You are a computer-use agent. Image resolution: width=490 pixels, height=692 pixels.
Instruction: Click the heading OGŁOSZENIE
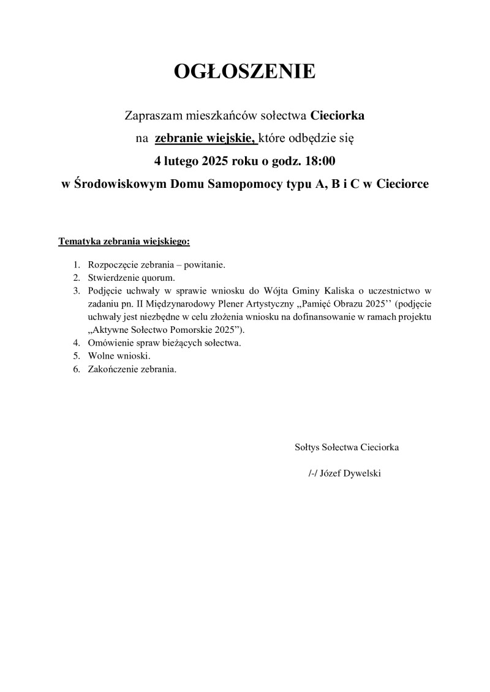(245, 72)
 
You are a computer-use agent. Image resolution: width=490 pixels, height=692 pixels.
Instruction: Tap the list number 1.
(77, 266)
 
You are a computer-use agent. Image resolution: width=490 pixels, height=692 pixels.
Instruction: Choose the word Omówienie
(110, 343)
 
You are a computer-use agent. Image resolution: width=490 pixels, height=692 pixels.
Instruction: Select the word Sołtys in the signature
(307, 447)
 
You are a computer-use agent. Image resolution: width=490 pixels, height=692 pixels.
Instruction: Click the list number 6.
(77, 370)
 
